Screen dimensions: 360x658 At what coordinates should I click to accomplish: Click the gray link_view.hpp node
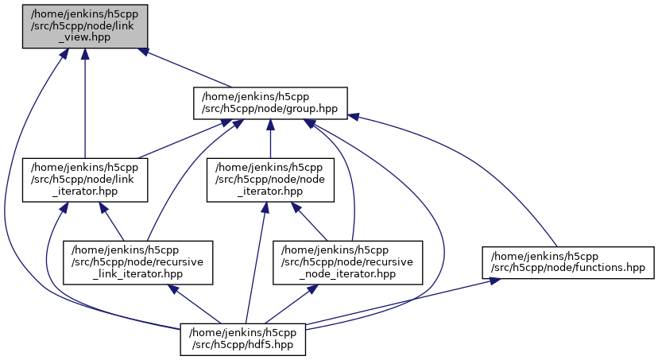tap(84, 25)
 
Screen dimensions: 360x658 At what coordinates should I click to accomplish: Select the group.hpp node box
tap(271, 103)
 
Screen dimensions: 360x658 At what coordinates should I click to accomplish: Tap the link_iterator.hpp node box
tap(84, 179)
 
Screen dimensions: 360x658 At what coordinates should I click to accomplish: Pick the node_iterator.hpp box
tap(270, 179)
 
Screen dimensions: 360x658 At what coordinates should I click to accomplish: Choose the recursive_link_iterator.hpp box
tap(142, 261)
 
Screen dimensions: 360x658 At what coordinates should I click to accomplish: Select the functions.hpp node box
tap(568, 261)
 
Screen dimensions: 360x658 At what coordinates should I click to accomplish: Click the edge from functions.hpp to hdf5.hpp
tap(397, 303)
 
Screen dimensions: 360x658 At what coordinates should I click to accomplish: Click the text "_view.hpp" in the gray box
tap(84, 37)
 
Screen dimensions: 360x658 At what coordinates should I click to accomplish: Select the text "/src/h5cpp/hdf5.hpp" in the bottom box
tap(243, 345)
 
